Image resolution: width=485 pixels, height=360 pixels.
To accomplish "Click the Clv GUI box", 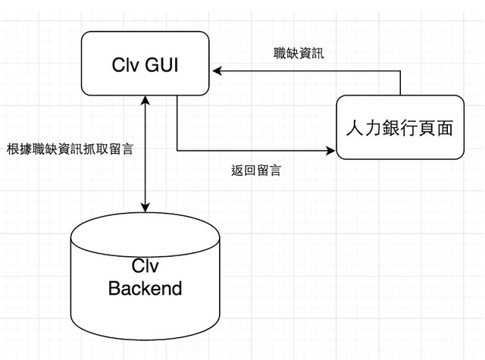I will pyautogui.click(x=145, y=64).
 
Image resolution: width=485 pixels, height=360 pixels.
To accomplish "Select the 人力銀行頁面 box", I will pyautogui.click(x=400, y=127).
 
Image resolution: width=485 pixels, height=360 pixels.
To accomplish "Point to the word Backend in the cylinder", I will pyautogui.click(x=145, y=289).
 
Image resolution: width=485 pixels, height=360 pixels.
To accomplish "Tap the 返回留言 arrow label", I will pyautogui.click(x=255, y=171).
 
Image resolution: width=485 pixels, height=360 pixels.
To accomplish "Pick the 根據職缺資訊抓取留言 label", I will pyautogui.click(x=70, y=149).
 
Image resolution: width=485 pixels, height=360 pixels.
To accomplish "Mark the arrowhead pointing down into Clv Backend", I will pyautogui.click(x=145, y=207).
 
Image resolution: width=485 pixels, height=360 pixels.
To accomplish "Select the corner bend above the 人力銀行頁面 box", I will pyautogui.click(x=400, y=72).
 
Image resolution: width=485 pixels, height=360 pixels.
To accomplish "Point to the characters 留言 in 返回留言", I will pyautogui.click(x=268, y=171).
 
